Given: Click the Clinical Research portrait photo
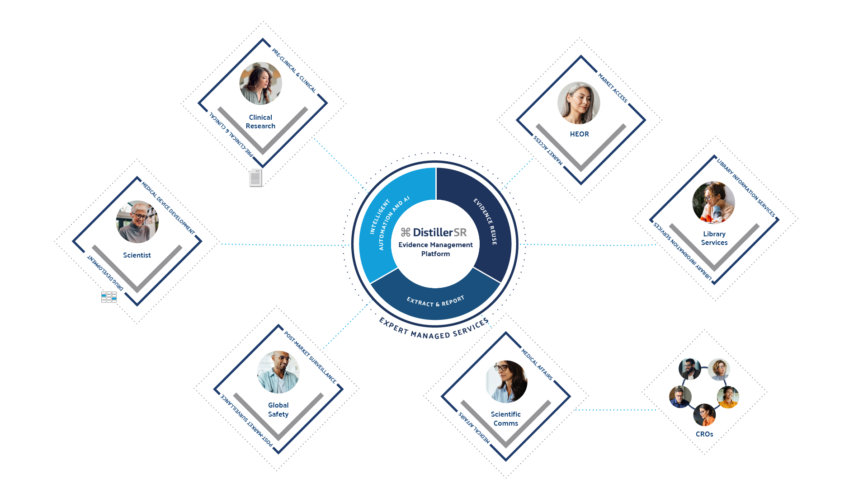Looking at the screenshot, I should [x=260, y=84].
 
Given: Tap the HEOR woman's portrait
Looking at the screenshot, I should [x=579, y=103].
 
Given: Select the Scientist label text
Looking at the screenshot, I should [x=137, y=255].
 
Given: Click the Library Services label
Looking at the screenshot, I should [x=714, y=238].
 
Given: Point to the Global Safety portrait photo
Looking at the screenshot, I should [x=278, y=372].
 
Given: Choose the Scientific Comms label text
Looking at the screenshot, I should [x=506, y=419].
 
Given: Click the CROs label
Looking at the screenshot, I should [x=704, y=434].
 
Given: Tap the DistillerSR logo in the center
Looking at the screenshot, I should [x=434, y=232].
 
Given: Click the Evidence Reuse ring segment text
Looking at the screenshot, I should [x=486, y=221].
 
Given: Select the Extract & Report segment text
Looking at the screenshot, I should [x=435, y=301].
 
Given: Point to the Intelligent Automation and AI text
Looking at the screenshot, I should [x=388, y=223].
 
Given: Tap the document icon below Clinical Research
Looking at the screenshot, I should [x=255, y=178].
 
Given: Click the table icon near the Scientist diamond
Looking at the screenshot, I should [x=109, y=297].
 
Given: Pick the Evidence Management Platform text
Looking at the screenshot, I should [x=435, y=249].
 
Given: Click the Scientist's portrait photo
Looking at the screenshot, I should [x=137, y=222].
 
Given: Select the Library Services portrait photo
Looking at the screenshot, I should [x=713, y=202].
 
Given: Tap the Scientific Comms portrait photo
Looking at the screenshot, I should [x=506, y=381].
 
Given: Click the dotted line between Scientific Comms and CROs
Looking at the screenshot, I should [x=615, y=410].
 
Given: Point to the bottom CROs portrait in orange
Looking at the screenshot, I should [x=704, y=415].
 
